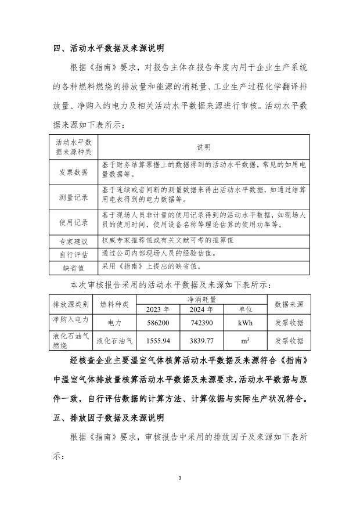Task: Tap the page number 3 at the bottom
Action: [x=180, y=478]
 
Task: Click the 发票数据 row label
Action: [x=74, y=172]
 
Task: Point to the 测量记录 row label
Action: [x=74, y=197]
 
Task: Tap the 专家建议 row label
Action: [x=74, y=241]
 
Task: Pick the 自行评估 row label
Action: [x=74, y=254]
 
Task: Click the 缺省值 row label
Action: [x=74, y=268]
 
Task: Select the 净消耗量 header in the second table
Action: [x=201, y=299]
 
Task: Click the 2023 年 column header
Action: [x=158, y=309]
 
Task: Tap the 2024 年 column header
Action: [x=201, y=309]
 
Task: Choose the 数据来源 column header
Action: [x=289, y=304]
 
